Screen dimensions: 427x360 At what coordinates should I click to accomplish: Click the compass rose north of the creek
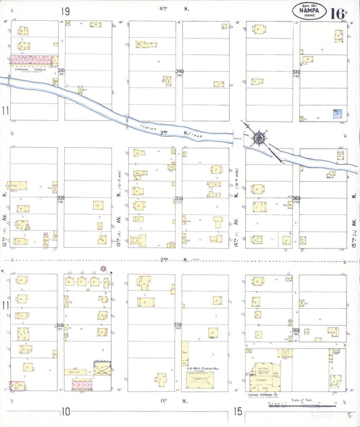coord(259,138)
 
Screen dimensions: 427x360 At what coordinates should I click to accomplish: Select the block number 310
coord(61,71)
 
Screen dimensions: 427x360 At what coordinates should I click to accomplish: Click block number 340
coord(180,71)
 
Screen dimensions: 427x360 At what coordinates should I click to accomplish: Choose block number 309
coord(61,198)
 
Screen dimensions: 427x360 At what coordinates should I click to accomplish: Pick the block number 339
coord(180,199)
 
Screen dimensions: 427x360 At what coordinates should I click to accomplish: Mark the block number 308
coord(61,326)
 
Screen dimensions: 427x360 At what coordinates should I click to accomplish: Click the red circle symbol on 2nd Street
coord(103,268)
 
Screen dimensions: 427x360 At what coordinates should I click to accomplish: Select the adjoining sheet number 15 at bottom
coord(237,411)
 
